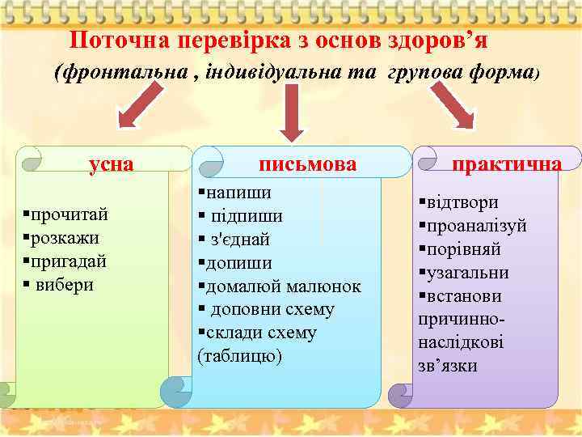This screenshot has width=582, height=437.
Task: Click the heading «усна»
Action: pos(112,163)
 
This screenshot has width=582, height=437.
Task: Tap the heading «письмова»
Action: pos(308,164)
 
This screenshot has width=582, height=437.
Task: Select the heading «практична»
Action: pos(507,164)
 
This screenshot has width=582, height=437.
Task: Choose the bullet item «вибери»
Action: pos(65,285)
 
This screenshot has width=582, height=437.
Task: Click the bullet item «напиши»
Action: pos(238,193)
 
